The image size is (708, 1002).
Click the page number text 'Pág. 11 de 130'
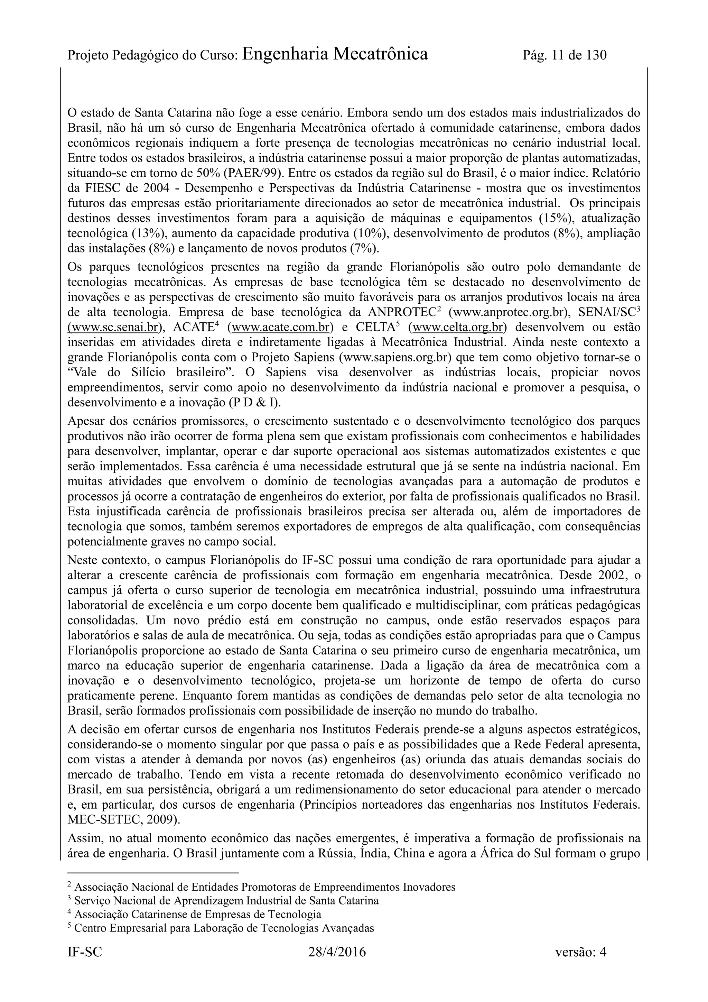click(x=564, y=55)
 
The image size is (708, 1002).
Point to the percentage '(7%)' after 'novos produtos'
click(x=365, y=249)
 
